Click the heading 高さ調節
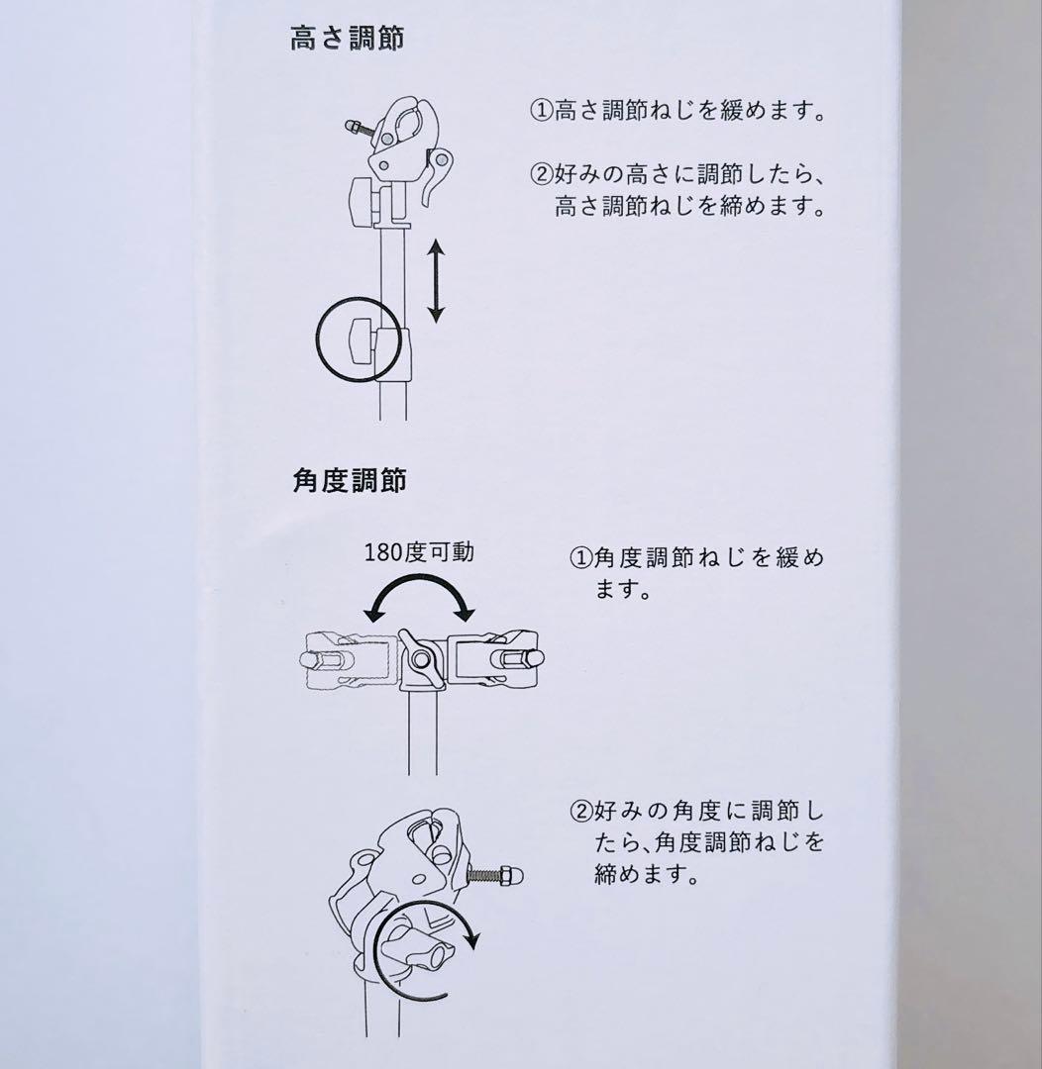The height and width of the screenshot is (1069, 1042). point(348,39)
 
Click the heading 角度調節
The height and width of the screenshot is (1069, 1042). point(350,481)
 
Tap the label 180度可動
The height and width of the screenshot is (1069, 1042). point(419,551)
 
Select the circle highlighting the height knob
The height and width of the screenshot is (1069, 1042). point(317,339)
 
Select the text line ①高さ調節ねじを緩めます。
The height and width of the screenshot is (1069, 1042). point(678,110)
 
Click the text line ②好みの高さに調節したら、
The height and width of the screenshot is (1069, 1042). point(678,174)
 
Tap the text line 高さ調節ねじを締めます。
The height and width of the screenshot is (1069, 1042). point(690,205)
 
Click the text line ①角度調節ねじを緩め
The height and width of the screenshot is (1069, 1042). point(696,557)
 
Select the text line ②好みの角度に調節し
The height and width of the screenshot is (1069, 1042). point(696,812)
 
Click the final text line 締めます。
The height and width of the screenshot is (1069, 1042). point(647,873)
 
